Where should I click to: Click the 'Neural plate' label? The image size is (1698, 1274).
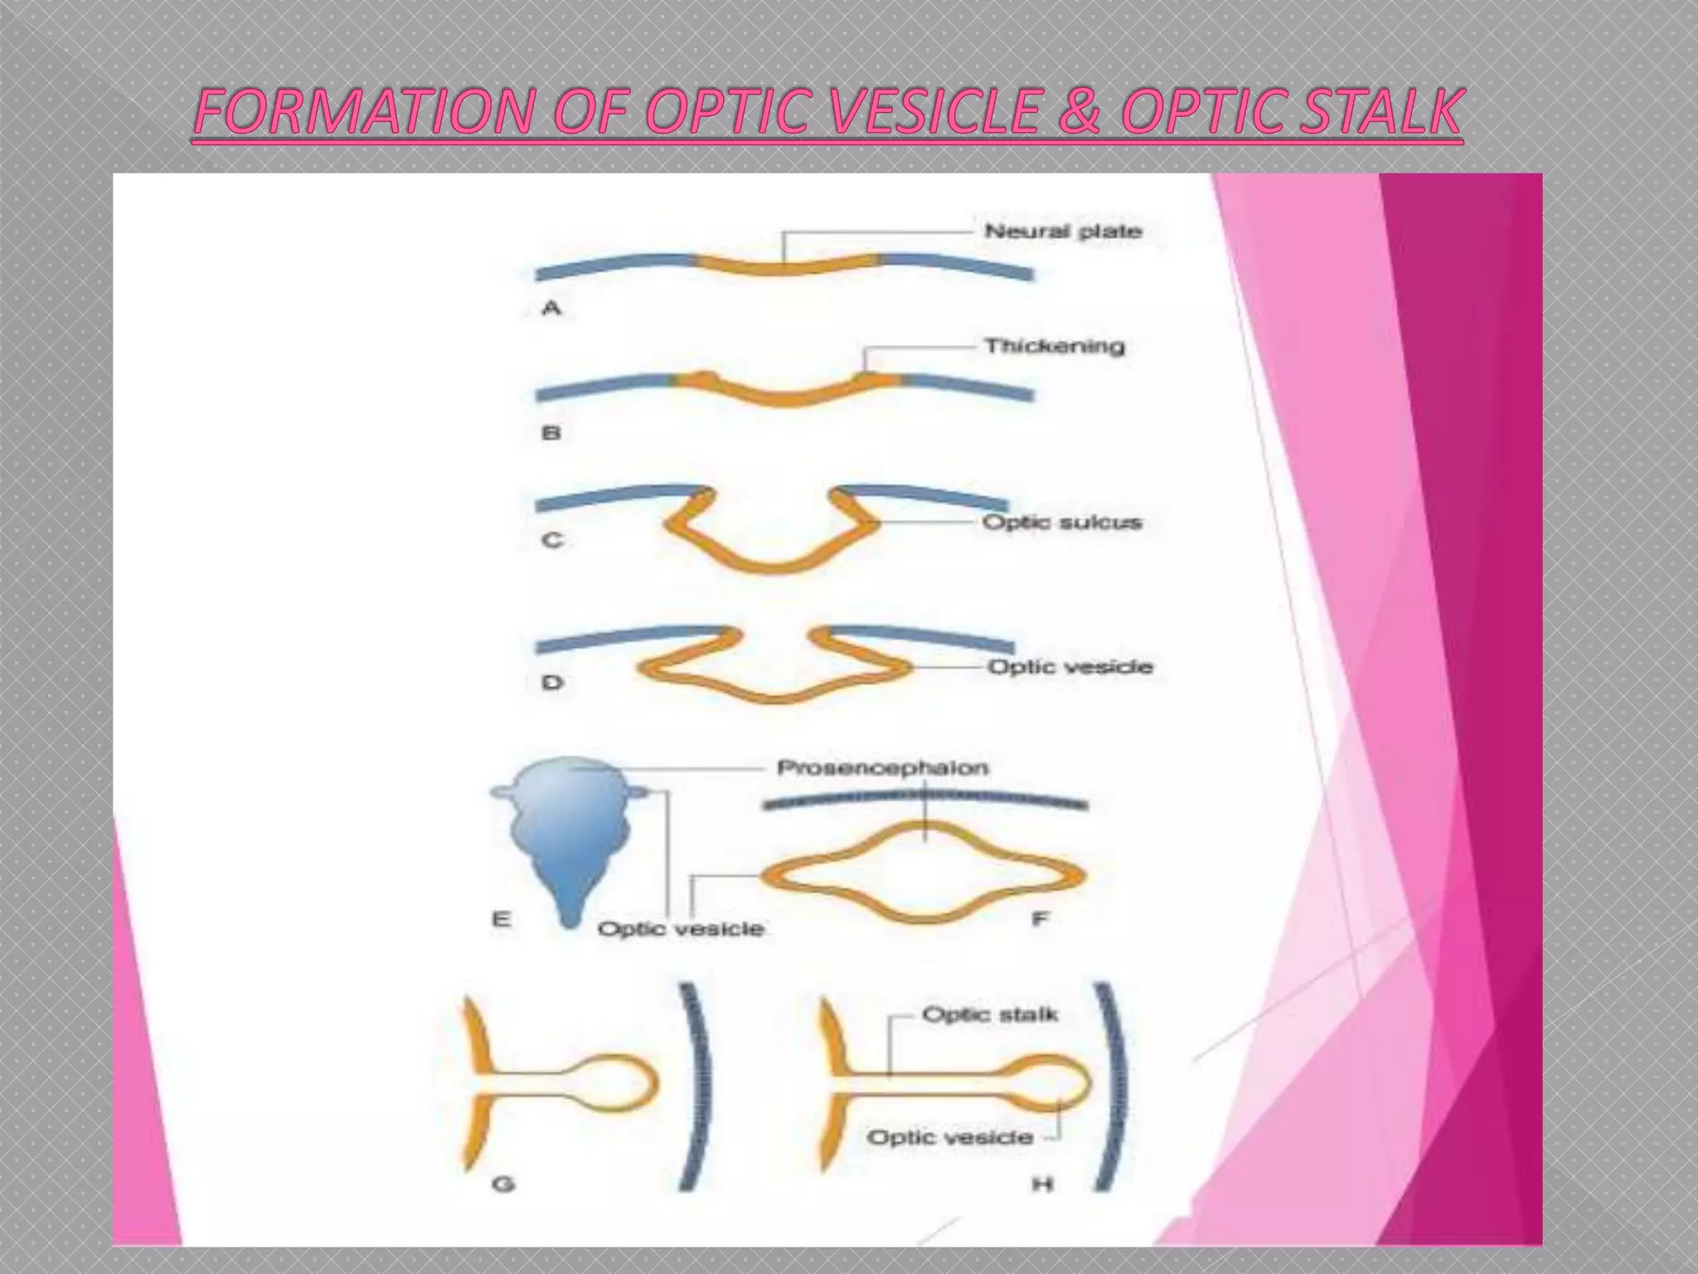click(1063, 231)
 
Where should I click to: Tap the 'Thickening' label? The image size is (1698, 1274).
click(1054, 346)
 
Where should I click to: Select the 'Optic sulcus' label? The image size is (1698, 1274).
click(1062, 523)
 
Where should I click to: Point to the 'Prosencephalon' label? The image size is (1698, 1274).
click(882, 768)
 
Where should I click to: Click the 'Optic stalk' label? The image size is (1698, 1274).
click(990, 1014)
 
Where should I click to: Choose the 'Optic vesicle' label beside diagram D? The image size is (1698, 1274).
click(1070, 667)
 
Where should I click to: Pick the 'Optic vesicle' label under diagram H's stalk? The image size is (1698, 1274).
click(949, 1137)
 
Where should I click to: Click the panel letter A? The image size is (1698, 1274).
click(551, 309)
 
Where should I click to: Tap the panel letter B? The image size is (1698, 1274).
click(551, 432)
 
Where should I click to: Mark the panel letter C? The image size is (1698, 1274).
click(552, 540)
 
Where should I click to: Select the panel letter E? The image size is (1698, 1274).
click(501, 919)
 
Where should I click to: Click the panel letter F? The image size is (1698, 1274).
click(1040, 918)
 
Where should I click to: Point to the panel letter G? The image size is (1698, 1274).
click(502, 1184)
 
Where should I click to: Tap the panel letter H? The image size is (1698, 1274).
click(1041, 1184)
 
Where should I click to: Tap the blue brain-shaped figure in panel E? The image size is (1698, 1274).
click(564, 838)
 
